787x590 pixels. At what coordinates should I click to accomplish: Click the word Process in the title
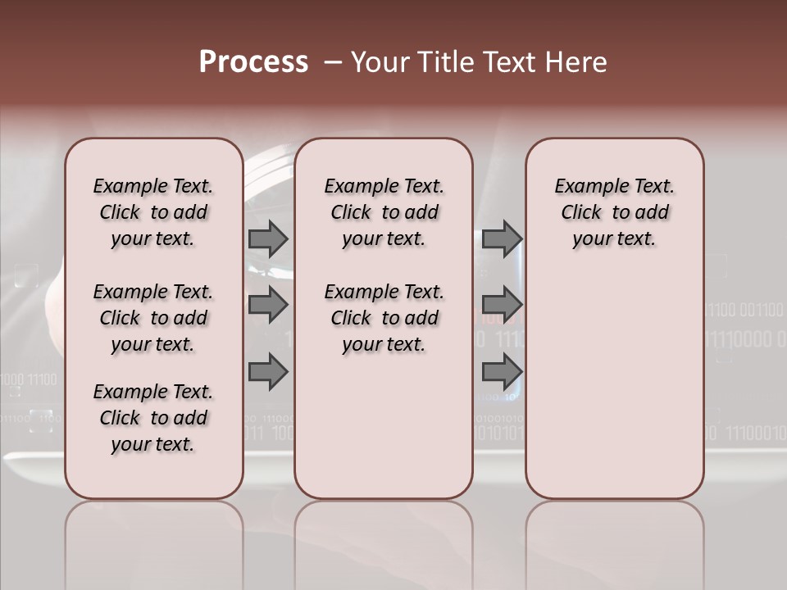(253, 62)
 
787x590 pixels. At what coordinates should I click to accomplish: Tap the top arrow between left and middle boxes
(268, 238)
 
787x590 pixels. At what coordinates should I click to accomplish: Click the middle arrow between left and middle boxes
(268, 305)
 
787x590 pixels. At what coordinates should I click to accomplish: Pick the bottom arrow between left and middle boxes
(268, 371)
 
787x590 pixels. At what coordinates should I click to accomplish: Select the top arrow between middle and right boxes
(502, 238)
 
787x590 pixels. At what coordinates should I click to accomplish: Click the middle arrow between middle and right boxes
(502, 305)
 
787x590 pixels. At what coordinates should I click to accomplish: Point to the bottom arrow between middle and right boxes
(502, 371)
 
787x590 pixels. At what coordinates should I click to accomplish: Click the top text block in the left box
(153, 212)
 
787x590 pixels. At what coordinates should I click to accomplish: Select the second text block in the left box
(153, 318)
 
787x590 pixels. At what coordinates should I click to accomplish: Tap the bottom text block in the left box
(153, 418)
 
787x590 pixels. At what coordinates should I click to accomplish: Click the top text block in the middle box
(384, 212)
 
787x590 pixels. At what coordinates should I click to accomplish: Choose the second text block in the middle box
(384, 318)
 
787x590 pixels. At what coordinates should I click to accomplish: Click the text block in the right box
(614, 212)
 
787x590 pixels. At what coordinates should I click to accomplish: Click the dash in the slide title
(333, 63)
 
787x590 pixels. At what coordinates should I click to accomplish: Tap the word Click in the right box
(581, 213)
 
